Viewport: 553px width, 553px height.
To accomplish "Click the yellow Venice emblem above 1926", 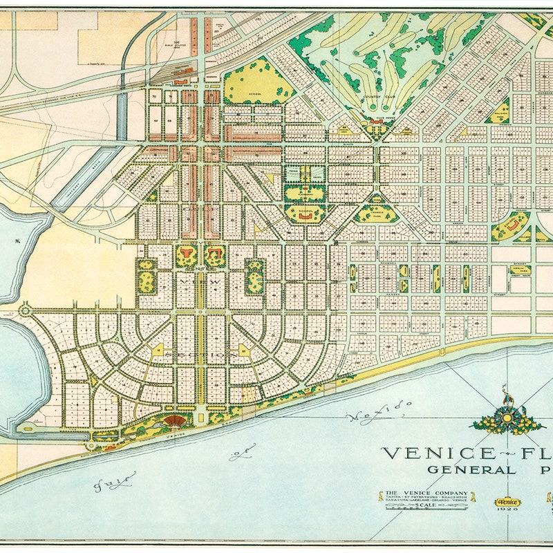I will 507,503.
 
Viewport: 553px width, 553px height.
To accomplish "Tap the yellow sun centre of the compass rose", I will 507,420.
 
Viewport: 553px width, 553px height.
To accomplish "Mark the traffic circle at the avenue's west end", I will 25,311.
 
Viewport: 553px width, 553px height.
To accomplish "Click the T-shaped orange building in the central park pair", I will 214,255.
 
